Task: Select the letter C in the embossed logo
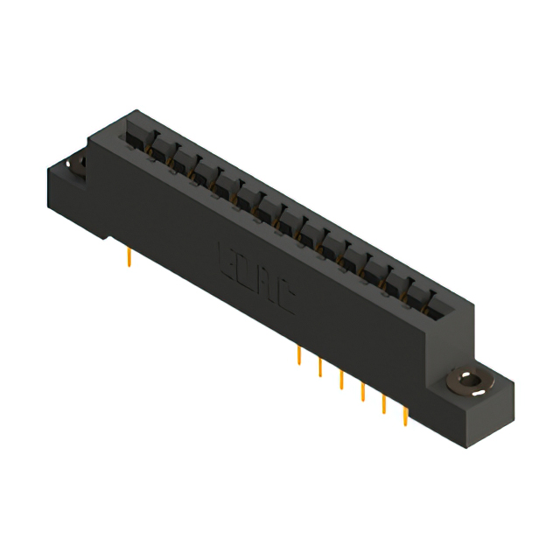point(286,301)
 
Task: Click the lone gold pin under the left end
point(129,256)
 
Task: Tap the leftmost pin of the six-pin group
point(299,355)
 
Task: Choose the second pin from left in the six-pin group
point(320,366)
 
